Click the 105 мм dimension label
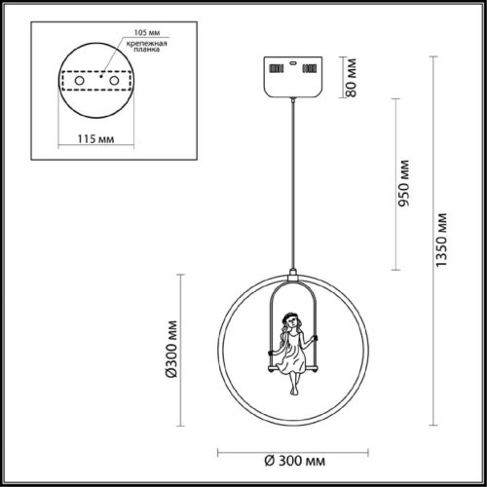[147, 32]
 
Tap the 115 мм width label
[95, 139]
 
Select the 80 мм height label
[351, 78]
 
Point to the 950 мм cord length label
[404, 183]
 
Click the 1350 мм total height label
[441, 240]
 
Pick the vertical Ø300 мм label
[171, 350]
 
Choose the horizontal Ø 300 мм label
[294, 461]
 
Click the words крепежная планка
[147, 47]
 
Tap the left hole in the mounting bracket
[80, 81]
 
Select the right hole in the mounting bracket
[114, 81]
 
